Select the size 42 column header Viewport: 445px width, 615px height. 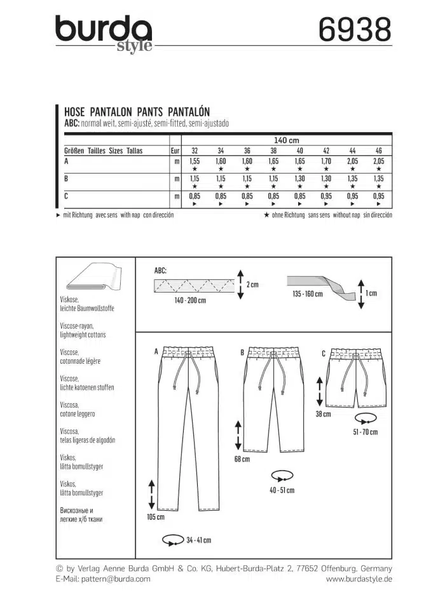click(x=325, y=151)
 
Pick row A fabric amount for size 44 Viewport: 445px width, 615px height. click(x=352, y=162)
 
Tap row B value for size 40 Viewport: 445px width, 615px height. click(x=299, y=180)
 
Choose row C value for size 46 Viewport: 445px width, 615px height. click(x=379, y=197)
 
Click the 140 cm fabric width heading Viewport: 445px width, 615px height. click(x=287, y=140)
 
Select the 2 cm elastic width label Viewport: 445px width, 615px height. click(x=252, y=284)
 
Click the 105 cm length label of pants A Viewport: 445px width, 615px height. click(x=156, y=517)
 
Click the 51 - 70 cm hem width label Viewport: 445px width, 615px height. click(x=364, y=432)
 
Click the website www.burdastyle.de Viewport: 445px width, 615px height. click(x=359, y=579)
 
